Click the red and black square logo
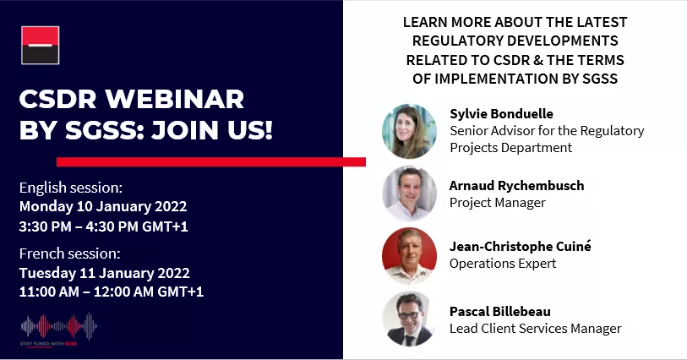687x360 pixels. (41, 46)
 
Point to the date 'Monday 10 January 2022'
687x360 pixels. (102, 205)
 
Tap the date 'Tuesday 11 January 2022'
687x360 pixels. (104, 272)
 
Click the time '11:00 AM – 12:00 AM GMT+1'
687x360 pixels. (111, 292)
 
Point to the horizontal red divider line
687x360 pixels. (210, 161)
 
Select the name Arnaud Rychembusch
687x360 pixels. (516, 186)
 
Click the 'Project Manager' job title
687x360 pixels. (498, 203)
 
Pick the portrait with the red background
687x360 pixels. (409, 254)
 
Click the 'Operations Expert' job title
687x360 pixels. (503, 263)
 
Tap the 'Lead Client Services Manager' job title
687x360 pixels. (535, 329)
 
